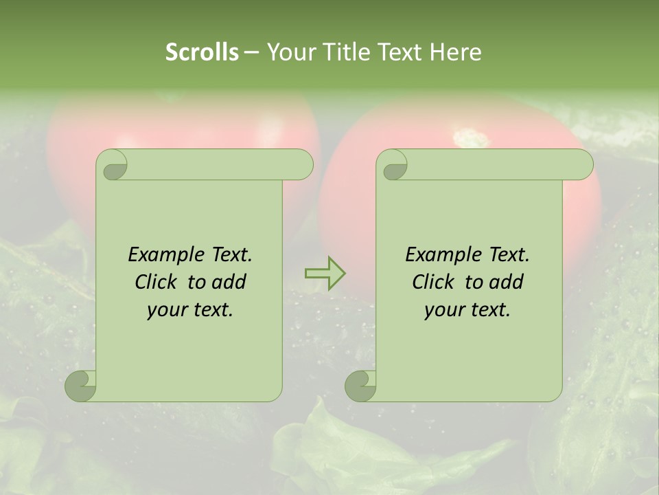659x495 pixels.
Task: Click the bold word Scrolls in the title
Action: coord(202,52)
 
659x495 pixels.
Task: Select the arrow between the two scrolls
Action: coord(325,273)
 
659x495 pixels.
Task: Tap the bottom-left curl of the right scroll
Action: coord(361,386)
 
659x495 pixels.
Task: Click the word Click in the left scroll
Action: coord(155,282)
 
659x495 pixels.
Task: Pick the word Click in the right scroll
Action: coord(432,282)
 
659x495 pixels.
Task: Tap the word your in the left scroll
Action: coord(165,310)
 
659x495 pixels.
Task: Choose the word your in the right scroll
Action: coord(443,310)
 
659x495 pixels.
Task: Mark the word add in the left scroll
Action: coord(228,282)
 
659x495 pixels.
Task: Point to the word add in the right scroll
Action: coord(505,282)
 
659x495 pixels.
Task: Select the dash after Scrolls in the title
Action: coord(251,52)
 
